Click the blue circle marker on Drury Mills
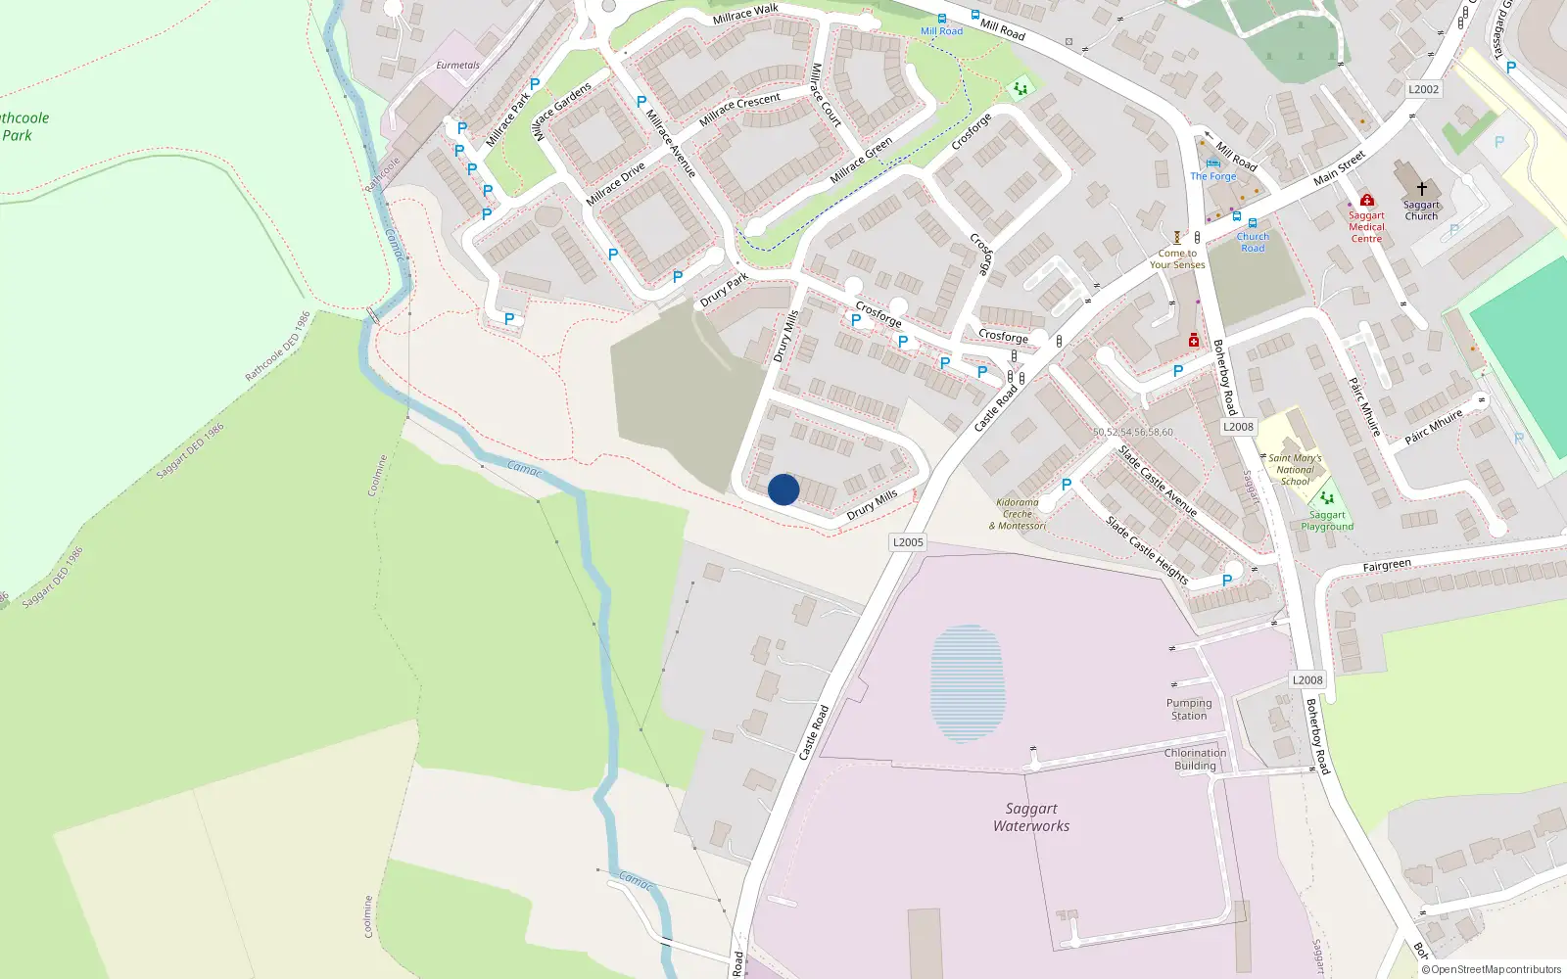pyautogui.click(x=783, y=489)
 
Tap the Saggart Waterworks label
pyautogui.click(x=1031, y=817)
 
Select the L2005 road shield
pyautogui.click(x=908, y=542)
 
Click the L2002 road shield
pyautogui.click(x=1423, y=89)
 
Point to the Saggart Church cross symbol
pyautogui.click(x=1421, y=188)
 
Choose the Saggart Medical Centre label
pyautogui.click(x=1366, y=227)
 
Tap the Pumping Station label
pyautogui.click(x=1189, y=710)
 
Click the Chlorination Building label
pyautogui.click(x=1195, y=760)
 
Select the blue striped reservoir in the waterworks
pyautogui.click(x=968, y=683)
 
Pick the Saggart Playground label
pyautogui.click(x=1327, y=521)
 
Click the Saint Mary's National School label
pyautogui.click(x=1295, y=470)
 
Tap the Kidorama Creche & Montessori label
pyautogui.click(x=1018, y=514)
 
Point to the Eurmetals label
pyautogui.click(x=457, y=66)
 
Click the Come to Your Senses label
pyautogui.click(x=1177, y=259)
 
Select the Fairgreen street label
pyautogui.click(x=1387, y=566)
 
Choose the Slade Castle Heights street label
pyautogui.click(x=1147, y=550)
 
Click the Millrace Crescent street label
pyautogui.click(x=739, y=110)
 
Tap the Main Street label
pyautogui.click(x=1339, y=168)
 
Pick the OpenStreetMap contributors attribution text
pyautogui.click(x=1492, y=969)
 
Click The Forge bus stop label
pyautogui.click(x=1213, y=176)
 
